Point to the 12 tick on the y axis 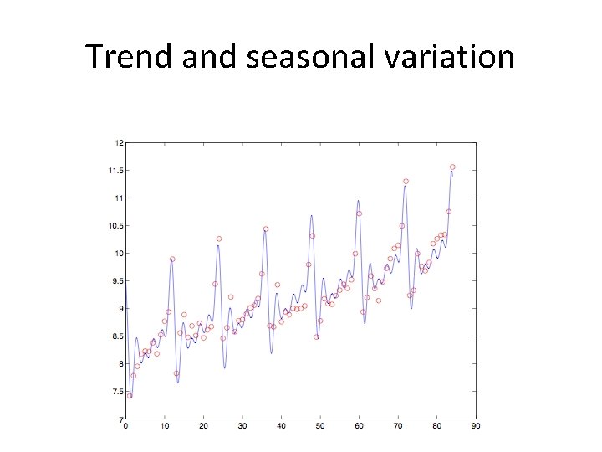pyautogui.click(x=119, y=143)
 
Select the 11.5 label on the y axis pyautogui.click(x=116, y=171)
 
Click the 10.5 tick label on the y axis pyautogui.click(x=116, y=226)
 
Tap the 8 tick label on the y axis pyautogui.click(x=120, y=364)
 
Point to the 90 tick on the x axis pyautogui.click(x=476, y=427)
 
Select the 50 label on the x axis pyautogui.click(x=320, y=427)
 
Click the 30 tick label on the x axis pyautogui.click(x=242, y=427)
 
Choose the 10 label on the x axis pyautogui.click(x=165, y=427)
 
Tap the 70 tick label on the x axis pyautogui.click(x=398, y=427)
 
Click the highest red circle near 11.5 pyautogui.click(x=452, y=167)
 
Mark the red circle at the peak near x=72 pyautogui.click(x=406, y=181)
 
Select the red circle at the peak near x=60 pyautogui.click(x=359, y=213)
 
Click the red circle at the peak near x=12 pyautogui.click(x=172, y=259)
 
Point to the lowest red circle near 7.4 pyautogui.click(x=130, y=396)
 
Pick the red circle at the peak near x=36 pyautogui.click(x=266, y=229)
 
